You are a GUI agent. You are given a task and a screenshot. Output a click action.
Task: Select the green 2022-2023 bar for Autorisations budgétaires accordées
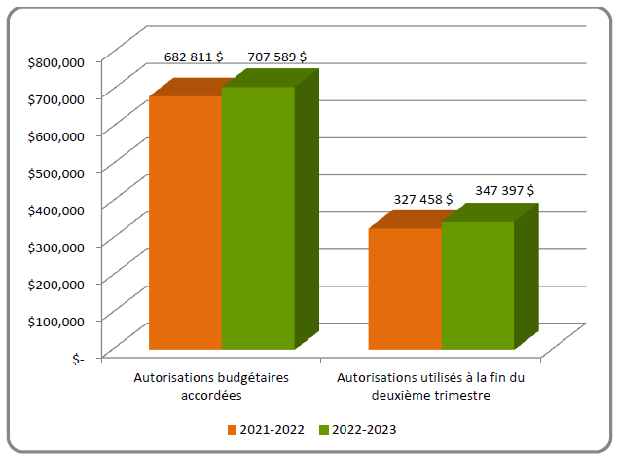[258, 218]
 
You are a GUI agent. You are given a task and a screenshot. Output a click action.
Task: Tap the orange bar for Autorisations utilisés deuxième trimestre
[405, 288]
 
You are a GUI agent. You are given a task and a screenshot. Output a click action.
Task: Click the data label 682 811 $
[192, 57]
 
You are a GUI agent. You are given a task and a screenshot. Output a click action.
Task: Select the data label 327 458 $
[422, 199]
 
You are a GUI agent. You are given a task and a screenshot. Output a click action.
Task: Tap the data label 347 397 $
[503, 190]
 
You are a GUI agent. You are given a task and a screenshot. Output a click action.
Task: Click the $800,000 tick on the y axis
[57, 61]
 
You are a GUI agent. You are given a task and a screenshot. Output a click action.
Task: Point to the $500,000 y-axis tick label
[57, 172]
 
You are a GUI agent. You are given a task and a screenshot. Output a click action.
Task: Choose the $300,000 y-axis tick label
[57, 246]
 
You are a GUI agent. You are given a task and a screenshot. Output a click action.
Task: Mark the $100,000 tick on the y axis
[57, 320]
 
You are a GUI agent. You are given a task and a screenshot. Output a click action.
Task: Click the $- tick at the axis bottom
[78, 357]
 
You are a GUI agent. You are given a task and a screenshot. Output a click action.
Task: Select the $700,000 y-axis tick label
[57, 98]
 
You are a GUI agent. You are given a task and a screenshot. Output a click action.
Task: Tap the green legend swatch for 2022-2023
[323, 429]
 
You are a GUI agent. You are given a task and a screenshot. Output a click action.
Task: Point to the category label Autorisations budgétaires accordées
[210, 386]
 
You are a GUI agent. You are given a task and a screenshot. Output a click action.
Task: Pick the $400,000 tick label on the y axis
[57, 209]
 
